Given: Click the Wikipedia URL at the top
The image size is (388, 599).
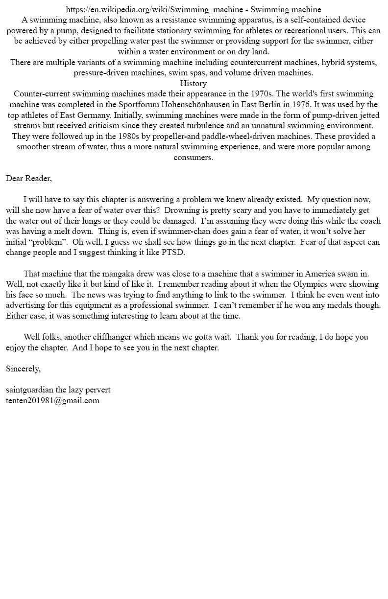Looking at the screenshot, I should (x=154, y=9).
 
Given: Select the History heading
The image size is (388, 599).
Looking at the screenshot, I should (x=194, y=83).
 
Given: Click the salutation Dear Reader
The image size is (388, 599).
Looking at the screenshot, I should (x=28, y=178).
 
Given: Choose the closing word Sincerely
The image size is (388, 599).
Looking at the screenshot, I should (x=23, y=369).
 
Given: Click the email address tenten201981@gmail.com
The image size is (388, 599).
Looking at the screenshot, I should (x=52, y=400).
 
